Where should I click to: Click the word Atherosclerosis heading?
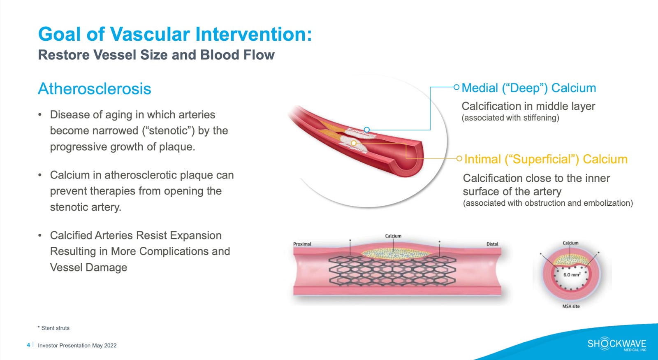(x=95, y=89)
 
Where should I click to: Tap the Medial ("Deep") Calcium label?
(x=528, y=88)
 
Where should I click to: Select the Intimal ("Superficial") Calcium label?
(x=545, y=159)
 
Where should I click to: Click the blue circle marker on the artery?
(x=367, y=130)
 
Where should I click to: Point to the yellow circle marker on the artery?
(x=354, y=143)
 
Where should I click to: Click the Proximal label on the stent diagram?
(x=302, y=244)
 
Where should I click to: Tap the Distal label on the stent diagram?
(x=492, y=244)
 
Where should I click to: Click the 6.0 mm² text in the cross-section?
(x=572, y=274)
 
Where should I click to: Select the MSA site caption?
(x=571, y=306)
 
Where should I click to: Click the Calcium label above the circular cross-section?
(x=570, y=243)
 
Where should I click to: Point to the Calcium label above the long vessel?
(x=393, y=236)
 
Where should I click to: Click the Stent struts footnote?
(x=55, y=328)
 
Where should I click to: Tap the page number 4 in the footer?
(x=28, y=345)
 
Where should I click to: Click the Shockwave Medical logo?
(x=616, y=344)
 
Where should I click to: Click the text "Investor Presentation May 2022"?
(x=77, y=346)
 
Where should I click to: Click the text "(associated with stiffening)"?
(x=510, y=118)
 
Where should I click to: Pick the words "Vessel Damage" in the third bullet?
(x=88, y=267)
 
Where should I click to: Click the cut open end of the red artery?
(x=407, y=158)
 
